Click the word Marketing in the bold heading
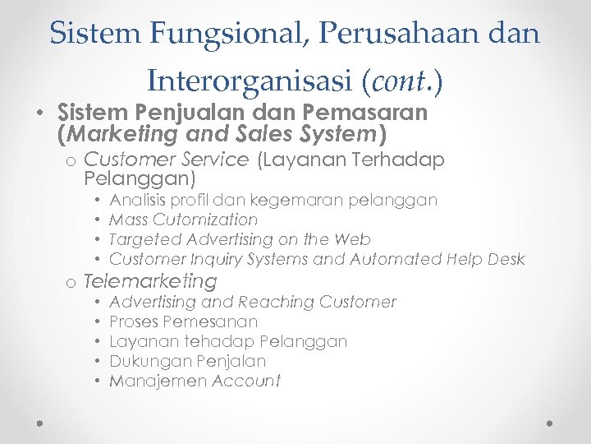pyautogui.click(x=120, y=132)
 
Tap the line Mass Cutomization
pyautogui.click(x=183, y=220)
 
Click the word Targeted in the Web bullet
pyautogui.click(x=144, y=240)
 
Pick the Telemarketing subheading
pyautogui.click(x=150, y=281)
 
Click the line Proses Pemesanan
pyautogui.click(x=183, y=321)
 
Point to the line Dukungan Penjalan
pyautogui.click(x=187, y=361)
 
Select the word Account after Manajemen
pyautogui.click(x=246, y=381)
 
